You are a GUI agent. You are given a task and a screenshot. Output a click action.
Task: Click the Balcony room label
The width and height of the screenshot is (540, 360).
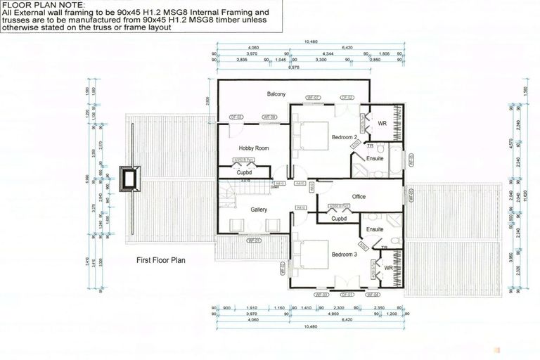[x=276, y=94]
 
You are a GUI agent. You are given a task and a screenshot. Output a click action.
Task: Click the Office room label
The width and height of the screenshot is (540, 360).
[x=359, y=196]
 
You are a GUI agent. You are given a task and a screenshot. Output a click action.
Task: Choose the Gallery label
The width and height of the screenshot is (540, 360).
[x=259, y=210]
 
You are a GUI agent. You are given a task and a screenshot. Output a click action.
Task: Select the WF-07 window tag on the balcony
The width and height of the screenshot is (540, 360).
[x=313, y=97]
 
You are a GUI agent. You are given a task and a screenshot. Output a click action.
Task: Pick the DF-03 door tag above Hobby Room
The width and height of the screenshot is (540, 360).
[x=236, y=117]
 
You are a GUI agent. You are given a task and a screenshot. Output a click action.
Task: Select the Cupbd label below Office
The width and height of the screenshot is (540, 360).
[x=339, y=219]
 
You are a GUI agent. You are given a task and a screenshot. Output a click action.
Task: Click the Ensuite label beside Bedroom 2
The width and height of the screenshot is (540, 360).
[x=374, y=158]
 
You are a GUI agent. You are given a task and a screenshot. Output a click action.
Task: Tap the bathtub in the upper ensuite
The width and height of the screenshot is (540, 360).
[x=395, y=160]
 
